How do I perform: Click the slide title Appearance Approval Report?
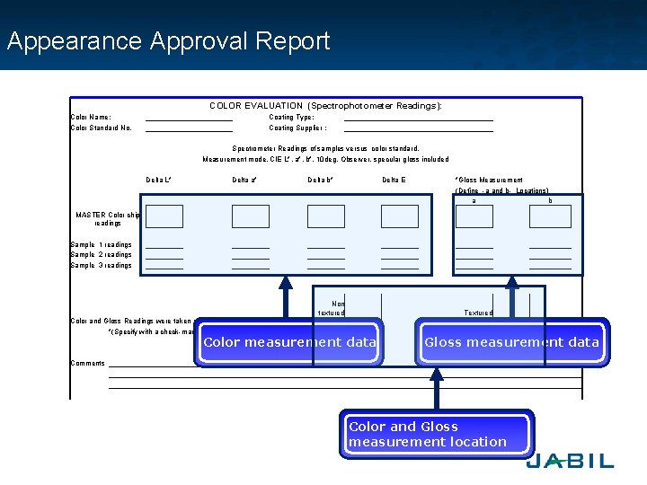[x=168, y=41]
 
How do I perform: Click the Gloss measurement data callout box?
[x=511, y=342]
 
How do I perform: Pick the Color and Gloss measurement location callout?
[x=437, y=435]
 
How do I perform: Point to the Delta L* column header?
[x=158, y=181]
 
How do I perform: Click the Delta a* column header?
[x=244, y=181]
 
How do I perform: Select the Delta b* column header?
[x=321, y=181]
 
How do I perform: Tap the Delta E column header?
[x=394, y=181]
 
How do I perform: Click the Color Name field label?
[x=91, y=117]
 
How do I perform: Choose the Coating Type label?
[x=291, y=117]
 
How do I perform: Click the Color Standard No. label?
[x=101, y=128]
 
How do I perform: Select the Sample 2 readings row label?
[x=101, y=255]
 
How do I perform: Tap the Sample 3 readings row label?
[x=101, y=266]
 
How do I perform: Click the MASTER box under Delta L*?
[x=164, y=216]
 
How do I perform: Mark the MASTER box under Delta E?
[x=400, y=216]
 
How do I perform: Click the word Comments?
[x=87, y=364]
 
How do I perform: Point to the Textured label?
[x=478, y=313]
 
